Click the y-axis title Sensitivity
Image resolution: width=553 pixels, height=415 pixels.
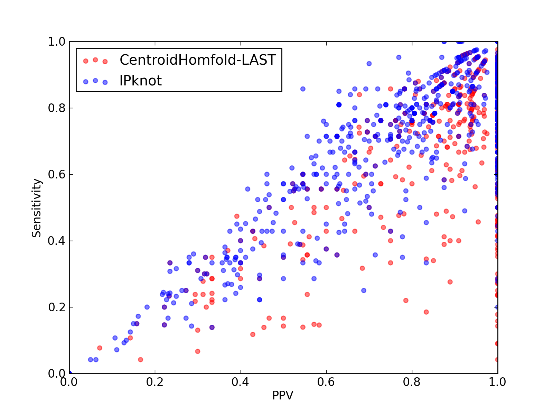37,208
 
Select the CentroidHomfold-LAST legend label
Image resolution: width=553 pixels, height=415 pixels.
198,60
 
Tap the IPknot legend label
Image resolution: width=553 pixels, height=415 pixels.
141,81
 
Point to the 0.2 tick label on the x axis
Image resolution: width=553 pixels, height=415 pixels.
155,382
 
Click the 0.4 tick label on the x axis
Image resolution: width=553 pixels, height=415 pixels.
240,382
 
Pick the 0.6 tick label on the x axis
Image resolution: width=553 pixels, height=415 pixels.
326,382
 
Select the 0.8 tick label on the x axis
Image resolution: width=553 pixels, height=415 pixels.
412,382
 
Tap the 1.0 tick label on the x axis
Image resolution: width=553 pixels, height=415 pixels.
497,382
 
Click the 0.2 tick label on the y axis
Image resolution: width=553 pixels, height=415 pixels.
57,307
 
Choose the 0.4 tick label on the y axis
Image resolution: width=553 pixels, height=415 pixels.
57,241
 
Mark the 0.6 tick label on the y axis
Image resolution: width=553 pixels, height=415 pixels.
57,174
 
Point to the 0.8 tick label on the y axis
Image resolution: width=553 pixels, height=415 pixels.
57,108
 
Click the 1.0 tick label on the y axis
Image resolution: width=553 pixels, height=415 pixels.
57,41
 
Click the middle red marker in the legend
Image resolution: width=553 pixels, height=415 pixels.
95,60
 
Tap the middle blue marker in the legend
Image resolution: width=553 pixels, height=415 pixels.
95,81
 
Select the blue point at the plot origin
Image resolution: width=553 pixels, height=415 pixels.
70,373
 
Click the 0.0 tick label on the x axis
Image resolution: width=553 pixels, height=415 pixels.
69,382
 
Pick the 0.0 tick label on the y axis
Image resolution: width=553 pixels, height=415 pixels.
57,373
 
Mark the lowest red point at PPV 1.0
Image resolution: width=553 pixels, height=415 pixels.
497,360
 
